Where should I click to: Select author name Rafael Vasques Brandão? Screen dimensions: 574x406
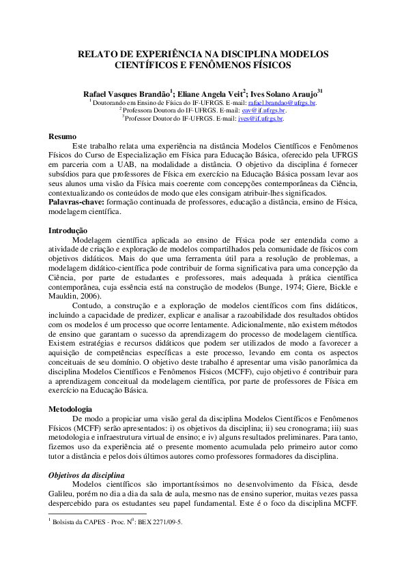pos(127,93)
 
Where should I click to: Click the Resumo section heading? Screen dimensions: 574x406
pos(62,136)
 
